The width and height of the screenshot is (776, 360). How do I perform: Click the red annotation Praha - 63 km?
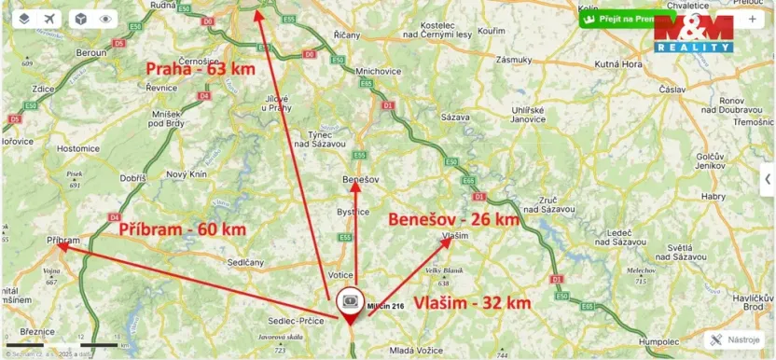click(x=199, y=68)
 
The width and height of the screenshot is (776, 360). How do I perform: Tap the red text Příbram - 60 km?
click(x=182, y=228)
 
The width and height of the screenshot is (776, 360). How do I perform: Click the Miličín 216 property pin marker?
click(x=351, y=302)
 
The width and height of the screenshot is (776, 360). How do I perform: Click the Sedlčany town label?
click(x=246, y=263)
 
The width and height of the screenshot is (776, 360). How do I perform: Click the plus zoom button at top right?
click(x=752, y=19)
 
